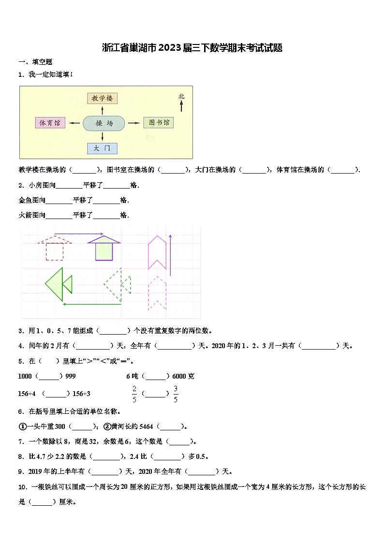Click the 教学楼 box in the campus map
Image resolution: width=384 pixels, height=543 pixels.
[103, 98]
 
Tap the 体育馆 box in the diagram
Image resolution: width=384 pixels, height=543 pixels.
[50, 123]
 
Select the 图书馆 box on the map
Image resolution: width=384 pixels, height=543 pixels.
[158, 123]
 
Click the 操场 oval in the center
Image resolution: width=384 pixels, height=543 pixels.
[104, 123]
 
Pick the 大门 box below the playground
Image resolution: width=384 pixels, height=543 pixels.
[102, 148]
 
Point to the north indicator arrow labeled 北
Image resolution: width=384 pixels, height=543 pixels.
[181, 103]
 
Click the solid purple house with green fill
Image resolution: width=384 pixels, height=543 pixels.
[104, 248]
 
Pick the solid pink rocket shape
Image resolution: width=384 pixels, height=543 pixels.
[157, 251]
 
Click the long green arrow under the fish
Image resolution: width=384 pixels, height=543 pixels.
[92, 304]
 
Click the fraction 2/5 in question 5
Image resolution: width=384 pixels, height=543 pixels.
[134, 394]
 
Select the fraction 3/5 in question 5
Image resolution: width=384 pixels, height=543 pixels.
[176, 394]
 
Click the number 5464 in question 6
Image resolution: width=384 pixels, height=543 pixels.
[146, 426]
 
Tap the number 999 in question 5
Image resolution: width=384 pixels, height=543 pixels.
[70, 376]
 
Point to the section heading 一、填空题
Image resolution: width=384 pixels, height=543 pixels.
[35, 62]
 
